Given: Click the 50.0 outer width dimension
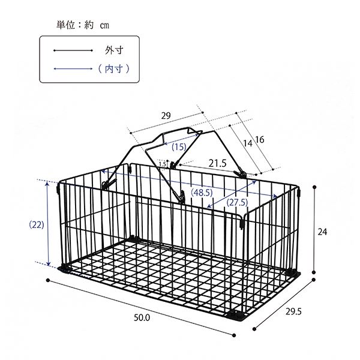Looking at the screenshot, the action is [x=142, y=318].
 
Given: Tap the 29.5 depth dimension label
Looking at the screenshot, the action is [x=293, y=311].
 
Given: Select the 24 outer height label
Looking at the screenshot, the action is [x=322, y=232].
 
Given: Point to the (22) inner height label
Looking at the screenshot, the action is [x=37, y=225].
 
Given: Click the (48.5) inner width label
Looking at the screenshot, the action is [x=202, y=193].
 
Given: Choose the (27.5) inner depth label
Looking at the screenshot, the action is [x=237, y=203].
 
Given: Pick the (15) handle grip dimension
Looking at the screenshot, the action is [x=179, y=147].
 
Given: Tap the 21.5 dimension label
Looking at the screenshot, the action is [x=217, y=163].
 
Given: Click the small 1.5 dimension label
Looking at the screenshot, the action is [x=163, y=164].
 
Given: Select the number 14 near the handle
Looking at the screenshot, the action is [x=247, y=143].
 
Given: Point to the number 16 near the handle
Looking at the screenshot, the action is [x=260, y=140].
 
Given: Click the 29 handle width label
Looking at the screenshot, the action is [x=166, y=115].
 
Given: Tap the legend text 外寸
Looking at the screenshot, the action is [x=114, y=50].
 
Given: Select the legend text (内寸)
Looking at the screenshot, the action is [x=114, y=68].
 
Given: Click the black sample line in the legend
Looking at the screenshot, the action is [x=73, y=50].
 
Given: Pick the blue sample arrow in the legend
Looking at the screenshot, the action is [x=73, y=68].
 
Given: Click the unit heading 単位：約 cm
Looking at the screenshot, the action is [x=83, y=25].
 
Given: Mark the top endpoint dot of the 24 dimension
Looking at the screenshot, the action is [x=314, y=187].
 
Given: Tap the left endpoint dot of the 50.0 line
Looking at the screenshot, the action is [x=48, y=280].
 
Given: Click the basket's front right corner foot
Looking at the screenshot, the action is [x=237, y=316].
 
